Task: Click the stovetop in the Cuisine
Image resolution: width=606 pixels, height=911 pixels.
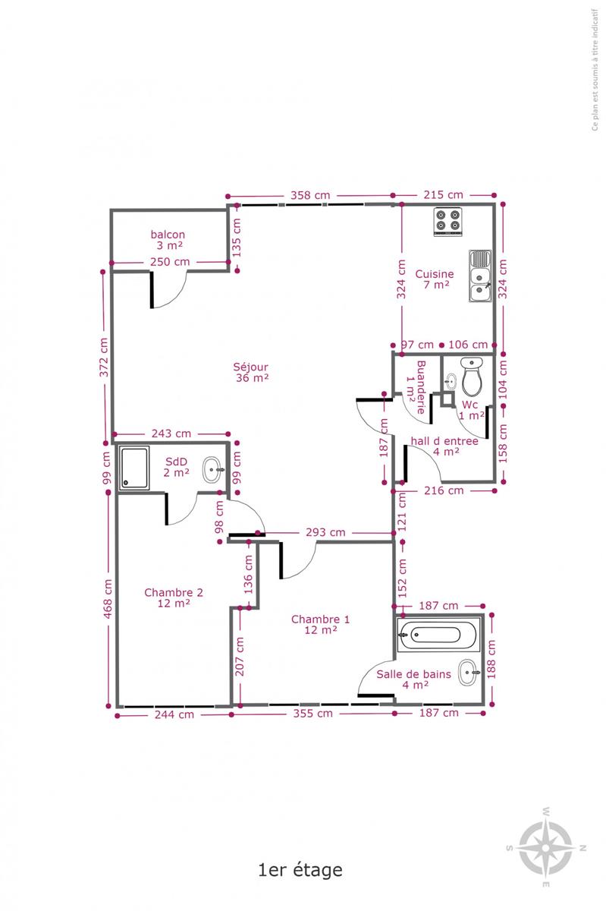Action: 448,221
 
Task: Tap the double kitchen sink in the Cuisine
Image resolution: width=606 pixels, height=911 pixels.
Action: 480,276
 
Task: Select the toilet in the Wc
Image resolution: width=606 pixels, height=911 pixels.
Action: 472,377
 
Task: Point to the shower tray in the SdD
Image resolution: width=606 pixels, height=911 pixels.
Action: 134,468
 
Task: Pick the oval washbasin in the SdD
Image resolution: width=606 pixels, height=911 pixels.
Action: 213,469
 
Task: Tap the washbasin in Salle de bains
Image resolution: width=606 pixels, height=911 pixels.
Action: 469,673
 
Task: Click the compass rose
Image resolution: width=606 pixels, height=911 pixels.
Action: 546,848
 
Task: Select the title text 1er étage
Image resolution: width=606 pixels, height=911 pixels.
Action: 300,870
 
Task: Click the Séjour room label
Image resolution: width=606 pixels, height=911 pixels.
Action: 251,372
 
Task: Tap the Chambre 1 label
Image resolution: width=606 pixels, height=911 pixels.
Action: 320,624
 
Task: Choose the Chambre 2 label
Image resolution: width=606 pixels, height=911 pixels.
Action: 174,597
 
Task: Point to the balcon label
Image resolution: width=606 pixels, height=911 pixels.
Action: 168,240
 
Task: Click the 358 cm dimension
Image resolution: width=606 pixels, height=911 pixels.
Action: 310,195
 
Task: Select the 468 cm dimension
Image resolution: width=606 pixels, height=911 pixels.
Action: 107,599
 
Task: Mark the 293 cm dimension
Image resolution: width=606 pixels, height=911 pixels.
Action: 325,532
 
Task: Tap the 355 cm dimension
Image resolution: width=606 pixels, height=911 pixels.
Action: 313,713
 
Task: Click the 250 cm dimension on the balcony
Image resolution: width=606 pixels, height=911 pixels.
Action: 170,261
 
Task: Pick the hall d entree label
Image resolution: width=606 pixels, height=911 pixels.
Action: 444,446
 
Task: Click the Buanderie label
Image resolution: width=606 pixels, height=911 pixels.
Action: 416,387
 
